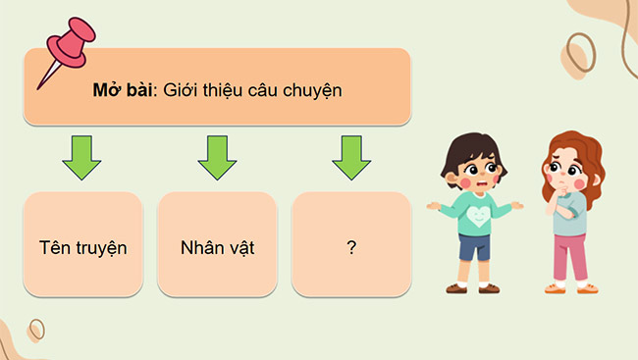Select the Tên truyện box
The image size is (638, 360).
point(83,246)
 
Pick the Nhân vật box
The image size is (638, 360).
point(218,246)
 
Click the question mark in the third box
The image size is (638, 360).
point(351,246)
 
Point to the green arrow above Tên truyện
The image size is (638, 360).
point(82,158)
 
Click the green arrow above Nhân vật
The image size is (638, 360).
point(218,157)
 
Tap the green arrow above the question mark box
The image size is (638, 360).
point(351,157)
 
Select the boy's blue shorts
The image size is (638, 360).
point(474,246)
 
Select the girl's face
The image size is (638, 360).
point(561,173)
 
